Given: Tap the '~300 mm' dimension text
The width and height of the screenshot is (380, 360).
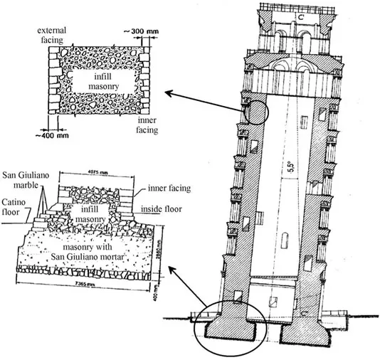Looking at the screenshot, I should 137,33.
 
